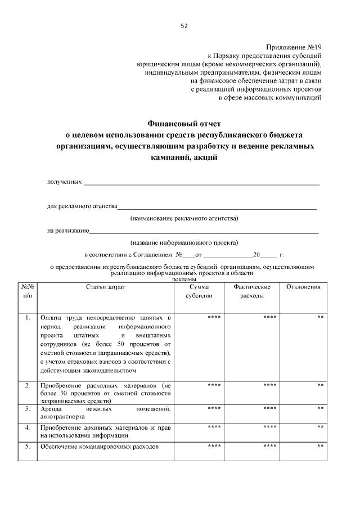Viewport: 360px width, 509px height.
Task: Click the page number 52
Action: point(184,26)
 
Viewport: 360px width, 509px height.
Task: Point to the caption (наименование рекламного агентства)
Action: point(184,218)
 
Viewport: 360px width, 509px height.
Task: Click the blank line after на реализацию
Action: point(204,231)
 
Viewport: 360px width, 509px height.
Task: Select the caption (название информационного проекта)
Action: point(184,243)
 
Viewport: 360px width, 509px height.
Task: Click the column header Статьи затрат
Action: point(106,287)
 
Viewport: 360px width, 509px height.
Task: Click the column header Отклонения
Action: point(303,287)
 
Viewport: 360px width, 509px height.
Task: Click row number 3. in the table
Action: point(28,408)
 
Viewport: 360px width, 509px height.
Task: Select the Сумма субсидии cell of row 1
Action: point(214,318)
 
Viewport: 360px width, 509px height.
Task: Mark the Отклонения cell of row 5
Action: point(320,447)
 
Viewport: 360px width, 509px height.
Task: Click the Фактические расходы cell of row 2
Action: point(269,385)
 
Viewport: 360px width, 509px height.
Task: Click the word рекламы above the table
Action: point(184,279)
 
